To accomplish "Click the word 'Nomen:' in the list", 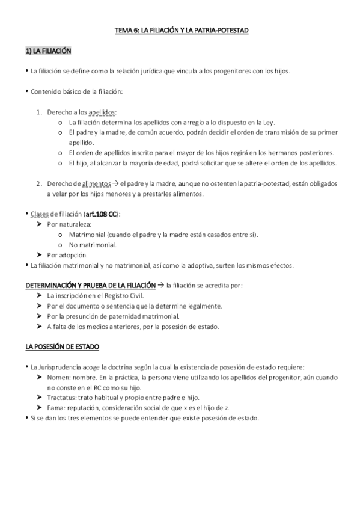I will click(x=58, y=377).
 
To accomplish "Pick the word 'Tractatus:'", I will click(x=63, y=398).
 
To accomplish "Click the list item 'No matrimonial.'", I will click(x=93, y=245).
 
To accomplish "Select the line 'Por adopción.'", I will click(x=67, y=255).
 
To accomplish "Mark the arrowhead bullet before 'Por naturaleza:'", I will click(x=40, y=224).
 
